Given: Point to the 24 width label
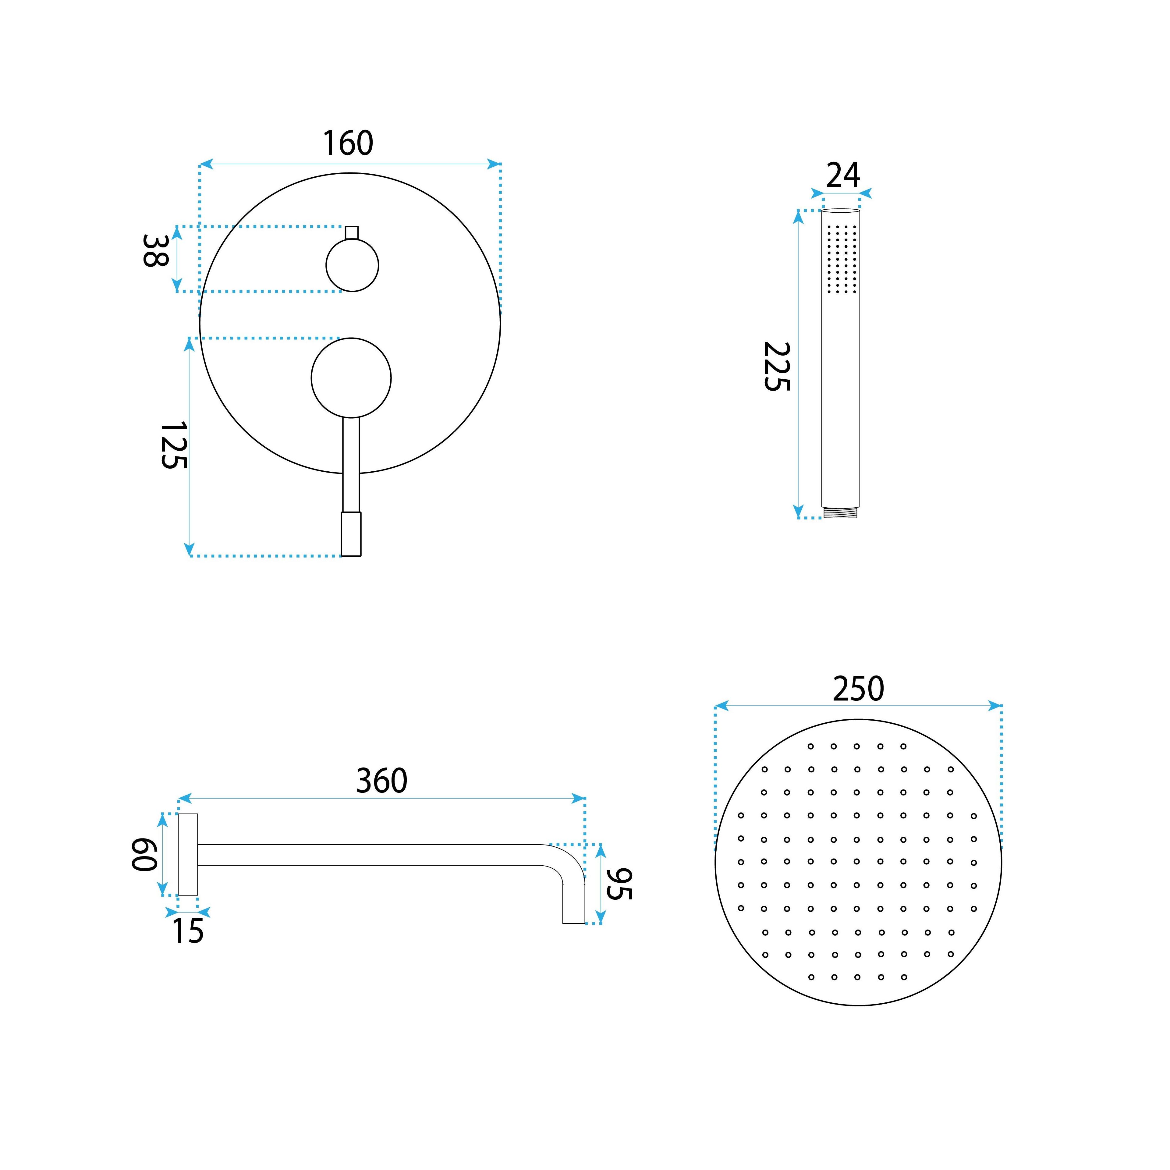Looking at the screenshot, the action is [x=843, y=175].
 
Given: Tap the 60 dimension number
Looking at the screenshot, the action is [x=145, y=854].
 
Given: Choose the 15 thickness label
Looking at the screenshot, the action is [x=188, y=931].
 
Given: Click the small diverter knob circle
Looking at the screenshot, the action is [x=353, y=265].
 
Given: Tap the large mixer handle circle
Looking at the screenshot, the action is [x=351, y=378].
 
